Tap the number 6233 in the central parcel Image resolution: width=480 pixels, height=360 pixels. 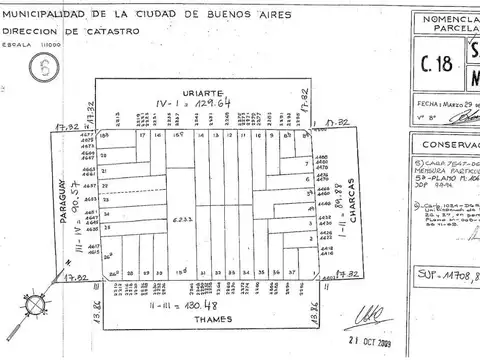coord(183,219)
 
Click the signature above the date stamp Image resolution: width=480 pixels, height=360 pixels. coord(371,316)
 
